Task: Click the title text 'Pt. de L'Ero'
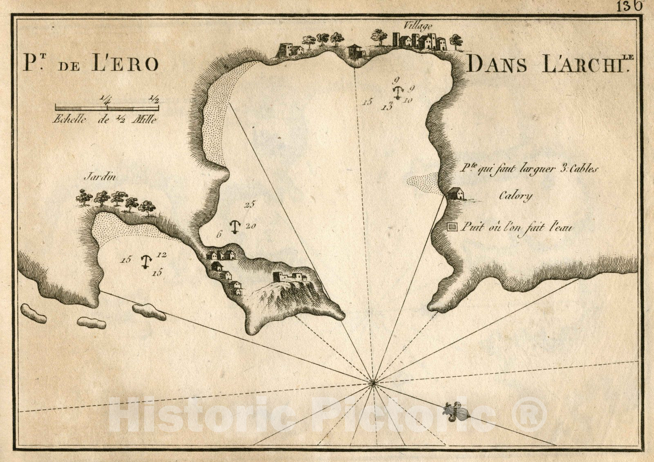[x=90, y=63]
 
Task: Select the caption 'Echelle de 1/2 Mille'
[x=105, y=120]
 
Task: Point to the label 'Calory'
[x=516, y=196]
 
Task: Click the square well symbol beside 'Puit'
[x=452, y=227]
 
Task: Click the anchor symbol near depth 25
[x=234, y=227]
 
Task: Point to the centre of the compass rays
[x=372, y=383]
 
